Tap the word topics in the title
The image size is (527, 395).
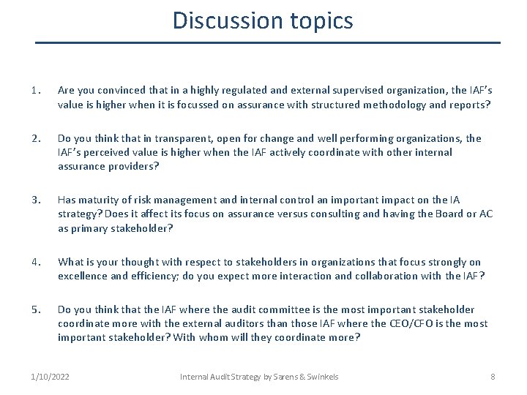point(319,21)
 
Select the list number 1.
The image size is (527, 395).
point(35,90)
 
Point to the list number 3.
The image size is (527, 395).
point(35,200)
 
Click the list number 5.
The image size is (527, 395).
point(35,309)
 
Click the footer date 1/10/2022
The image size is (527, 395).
point(51,377)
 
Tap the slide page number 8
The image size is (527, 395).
point(493,377)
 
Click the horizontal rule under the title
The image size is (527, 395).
point(268,42)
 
